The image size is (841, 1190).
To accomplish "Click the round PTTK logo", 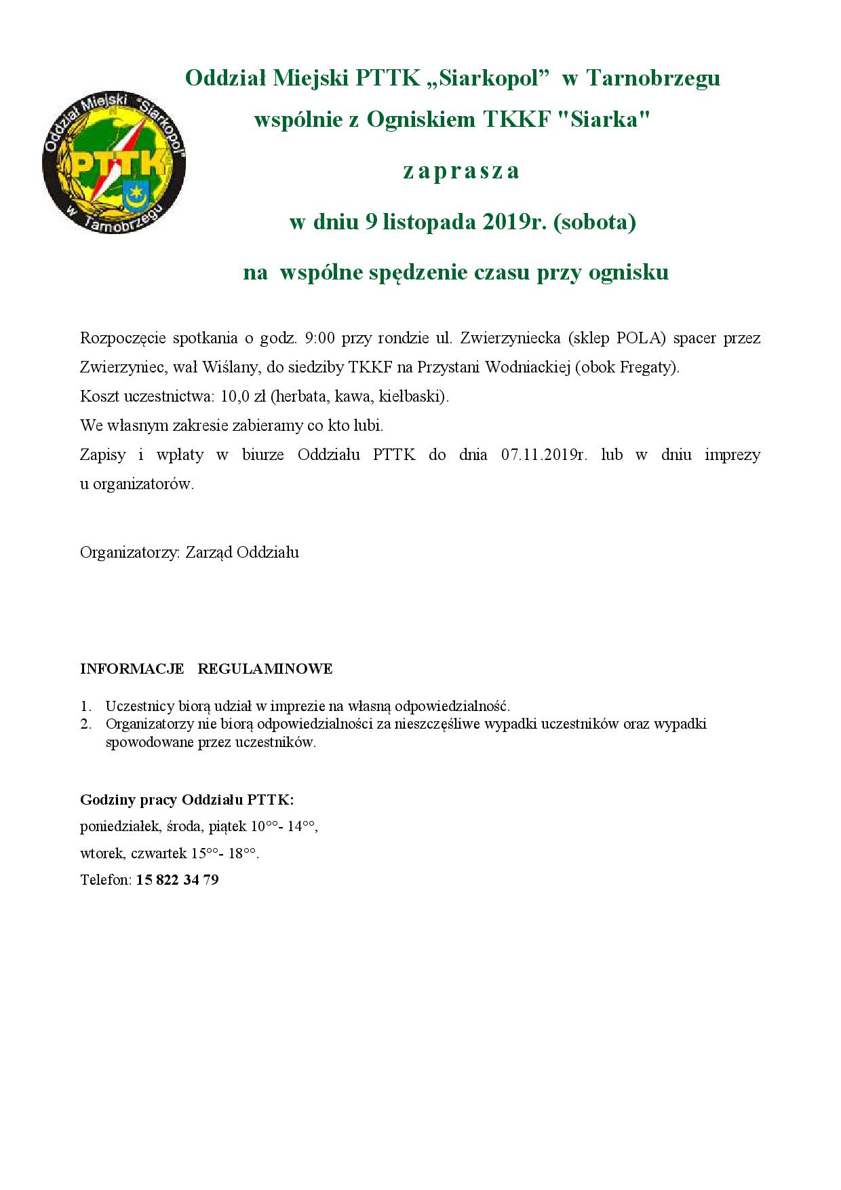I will click(x=114, y=161).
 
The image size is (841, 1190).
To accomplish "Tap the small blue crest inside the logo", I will click(x=137, y=195).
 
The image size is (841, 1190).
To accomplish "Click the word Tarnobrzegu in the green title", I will click(x=652, y=79).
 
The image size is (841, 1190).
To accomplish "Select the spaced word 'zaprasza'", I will click(x=461, y=170).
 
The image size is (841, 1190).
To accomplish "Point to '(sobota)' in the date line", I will click(x=595, y=222).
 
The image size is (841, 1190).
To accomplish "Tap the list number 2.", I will click(x=85, y=724).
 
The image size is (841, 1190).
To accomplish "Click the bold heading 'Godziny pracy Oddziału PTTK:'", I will click(x=187, y=800).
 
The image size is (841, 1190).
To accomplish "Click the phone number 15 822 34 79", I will click(x=178, y=881).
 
